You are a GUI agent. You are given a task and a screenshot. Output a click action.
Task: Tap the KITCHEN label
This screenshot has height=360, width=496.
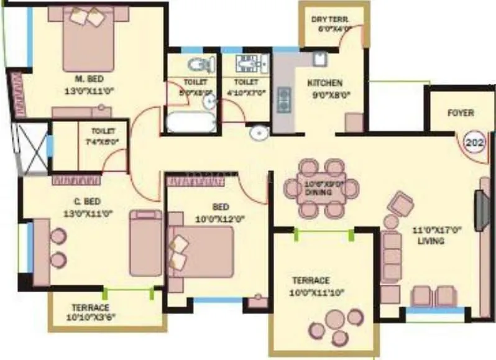point(324,83)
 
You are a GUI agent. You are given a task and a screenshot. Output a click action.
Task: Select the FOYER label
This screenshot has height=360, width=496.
point(461,113)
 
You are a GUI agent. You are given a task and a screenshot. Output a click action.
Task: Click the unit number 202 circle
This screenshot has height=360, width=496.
point(475,142)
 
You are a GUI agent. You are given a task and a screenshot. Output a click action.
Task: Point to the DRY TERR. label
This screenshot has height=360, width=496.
point(331,19)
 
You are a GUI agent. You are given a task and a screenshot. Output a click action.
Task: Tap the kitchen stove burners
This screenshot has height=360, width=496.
point(285,99)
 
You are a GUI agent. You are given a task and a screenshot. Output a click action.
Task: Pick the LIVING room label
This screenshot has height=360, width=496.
point(430,241)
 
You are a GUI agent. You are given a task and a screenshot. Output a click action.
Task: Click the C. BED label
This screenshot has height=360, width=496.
point(86,201)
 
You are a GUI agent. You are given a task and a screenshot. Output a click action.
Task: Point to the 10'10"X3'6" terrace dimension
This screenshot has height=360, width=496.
point(90,317)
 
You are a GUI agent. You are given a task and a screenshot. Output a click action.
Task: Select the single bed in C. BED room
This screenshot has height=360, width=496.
point(145,243)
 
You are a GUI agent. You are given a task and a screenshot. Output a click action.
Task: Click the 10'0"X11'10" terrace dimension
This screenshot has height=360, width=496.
point(317,292)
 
